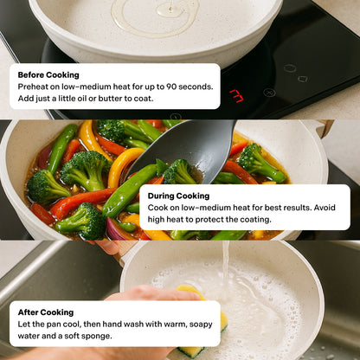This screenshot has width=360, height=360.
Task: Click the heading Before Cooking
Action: [48, 75]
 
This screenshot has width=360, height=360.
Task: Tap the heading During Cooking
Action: [178, 196]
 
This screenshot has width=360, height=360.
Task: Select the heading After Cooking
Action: [46, 312]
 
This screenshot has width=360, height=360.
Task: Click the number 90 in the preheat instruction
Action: [171, 87]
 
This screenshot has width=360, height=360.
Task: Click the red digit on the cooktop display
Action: [236, 96]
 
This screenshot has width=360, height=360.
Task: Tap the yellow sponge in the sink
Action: [202, 323]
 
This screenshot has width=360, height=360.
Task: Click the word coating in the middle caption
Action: [255, 220]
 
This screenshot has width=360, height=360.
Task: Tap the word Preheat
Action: [31, 87]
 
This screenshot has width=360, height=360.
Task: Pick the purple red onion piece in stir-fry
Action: [115, 229]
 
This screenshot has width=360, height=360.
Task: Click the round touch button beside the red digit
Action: [269, 93]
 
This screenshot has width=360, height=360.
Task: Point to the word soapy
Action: [201, 325]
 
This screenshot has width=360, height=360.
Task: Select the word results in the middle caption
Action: [298, 208]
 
